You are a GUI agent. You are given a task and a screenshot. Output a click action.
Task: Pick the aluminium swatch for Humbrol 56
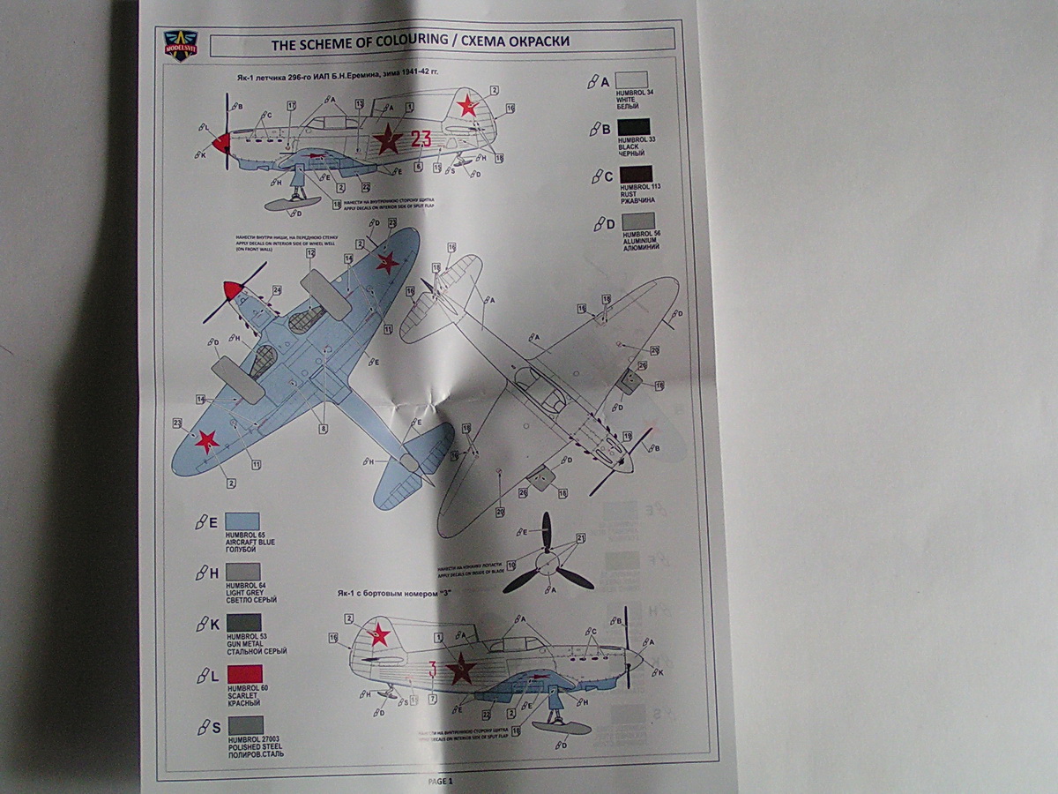pyautogui.click(x=638, y=221)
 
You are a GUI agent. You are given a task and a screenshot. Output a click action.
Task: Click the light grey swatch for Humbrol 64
pyautogui.click(x=243, y=572)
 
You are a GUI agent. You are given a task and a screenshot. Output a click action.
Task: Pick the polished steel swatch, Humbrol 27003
pyautogui.click(x=243, y=726)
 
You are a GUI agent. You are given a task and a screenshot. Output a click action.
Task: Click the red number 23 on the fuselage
pyautogui.click(x=421, y=138)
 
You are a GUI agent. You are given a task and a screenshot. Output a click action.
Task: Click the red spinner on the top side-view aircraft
pyautogui.click(x=222, y=142)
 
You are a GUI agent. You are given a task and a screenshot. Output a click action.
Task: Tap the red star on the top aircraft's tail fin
pyautogui.click(x=466, y=108)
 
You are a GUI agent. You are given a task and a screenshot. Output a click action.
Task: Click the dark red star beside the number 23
pyautogui.click(x=386, y=139)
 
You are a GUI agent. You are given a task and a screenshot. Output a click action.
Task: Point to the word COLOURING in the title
pyautogui.click(x=373, y=41)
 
